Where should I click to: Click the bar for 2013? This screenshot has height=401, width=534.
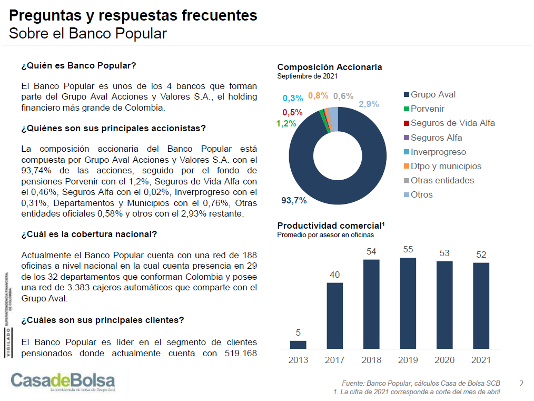[x=298, y=345]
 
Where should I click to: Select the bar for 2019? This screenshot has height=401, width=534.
[x=408, y=303]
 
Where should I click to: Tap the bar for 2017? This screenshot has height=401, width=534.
[x=335, y=316]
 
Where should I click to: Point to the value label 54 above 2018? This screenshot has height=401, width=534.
[x=372, y=251]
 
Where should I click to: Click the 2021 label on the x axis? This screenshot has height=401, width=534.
[x=481, y=360]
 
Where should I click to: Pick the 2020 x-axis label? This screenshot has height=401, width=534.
[x=444, y=360]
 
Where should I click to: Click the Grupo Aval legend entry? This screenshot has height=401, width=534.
[x=433, y=95]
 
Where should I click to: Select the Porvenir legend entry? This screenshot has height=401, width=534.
[x=427, y=109]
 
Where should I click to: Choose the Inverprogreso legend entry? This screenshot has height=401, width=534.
[x=438, y=152]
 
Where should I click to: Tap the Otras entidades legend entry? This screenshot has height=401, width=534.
[x=442, y=181]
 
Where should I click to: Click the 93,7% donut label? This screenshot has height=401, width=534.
[x=294, y=201]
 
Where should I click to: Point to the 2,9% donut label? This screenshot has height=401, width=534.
[x=369, y=104]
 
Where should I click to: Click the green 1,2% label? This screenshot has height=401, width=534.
[x=286, y=124]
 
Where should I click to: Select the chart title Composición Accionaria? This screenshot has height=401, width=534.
[x=330, y=67]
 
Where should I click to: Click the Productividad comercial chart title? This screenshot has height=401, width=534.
[x=331, y=226]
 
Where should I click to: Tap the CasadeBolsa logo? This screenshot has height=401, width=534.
[x=62, y=381]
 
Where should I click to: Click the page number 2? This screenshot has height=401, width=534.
[x=521, y=383]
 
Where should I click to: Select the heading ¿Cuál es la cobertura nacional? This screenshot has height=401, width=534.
[x=89, y=234]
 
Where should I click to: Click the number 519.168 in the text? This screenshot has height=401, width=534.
[x=237, y=353]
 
